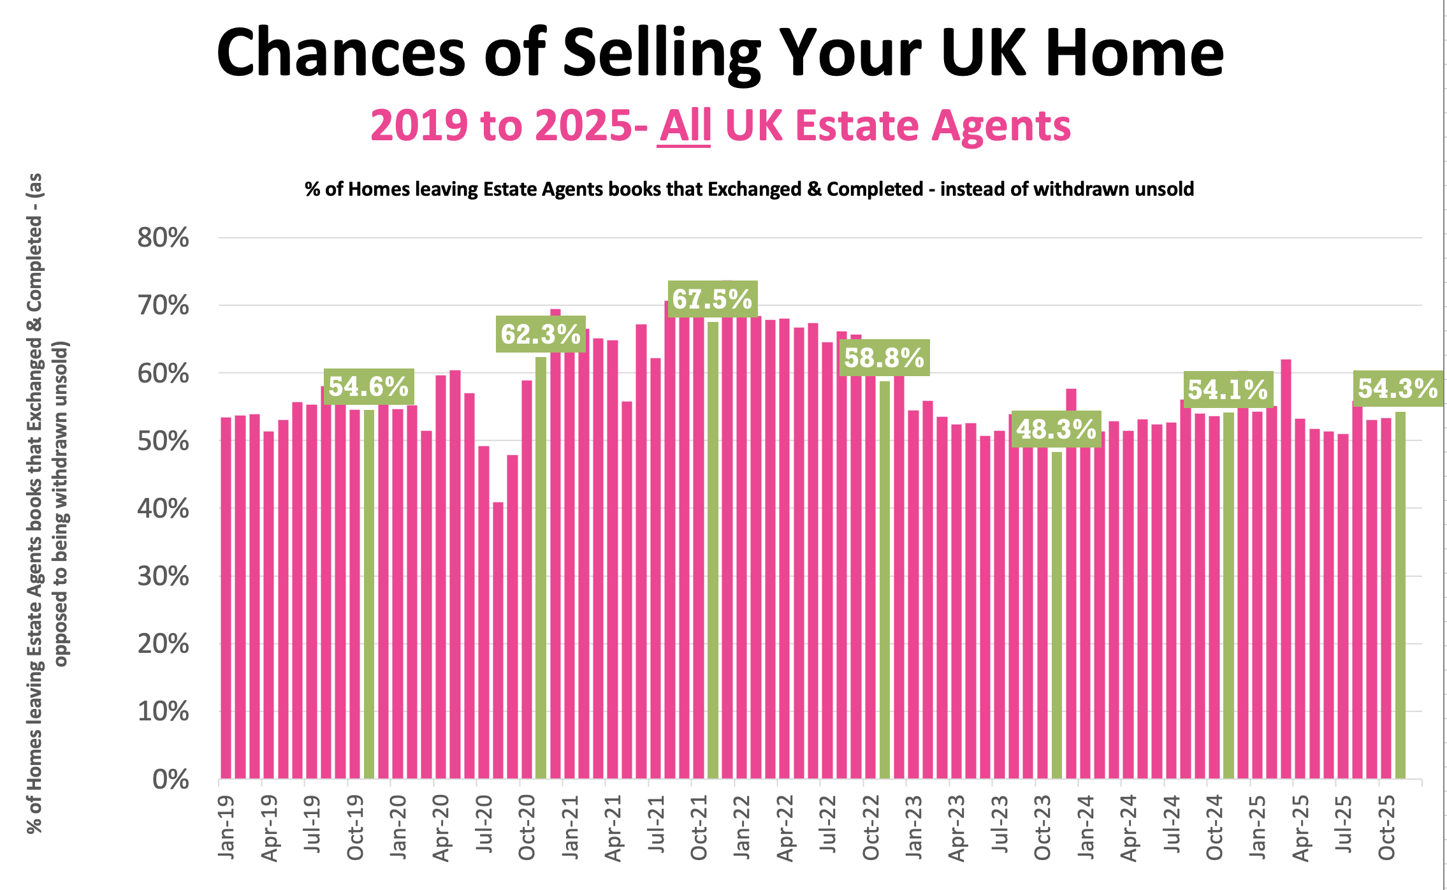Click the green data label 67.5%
coord(713,298)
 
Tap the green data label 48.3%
coord(1056,429)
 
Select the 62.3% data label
coord(541,333)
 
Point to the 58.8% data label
coord(884,358)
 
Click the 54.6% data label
coord(368,386)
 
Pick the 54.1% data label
coord(1228,390)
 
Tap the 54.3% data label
coord(1398,388)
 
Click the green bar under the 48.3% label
coord(1057,615)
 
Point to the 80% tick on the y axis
coord(163,238)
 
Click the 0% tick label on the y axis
coord(170,779)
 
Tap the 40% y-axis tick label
coord(163,509)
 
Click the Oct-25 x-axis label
coord(1387,828)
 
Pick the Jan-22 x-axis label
coord(742,826)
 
